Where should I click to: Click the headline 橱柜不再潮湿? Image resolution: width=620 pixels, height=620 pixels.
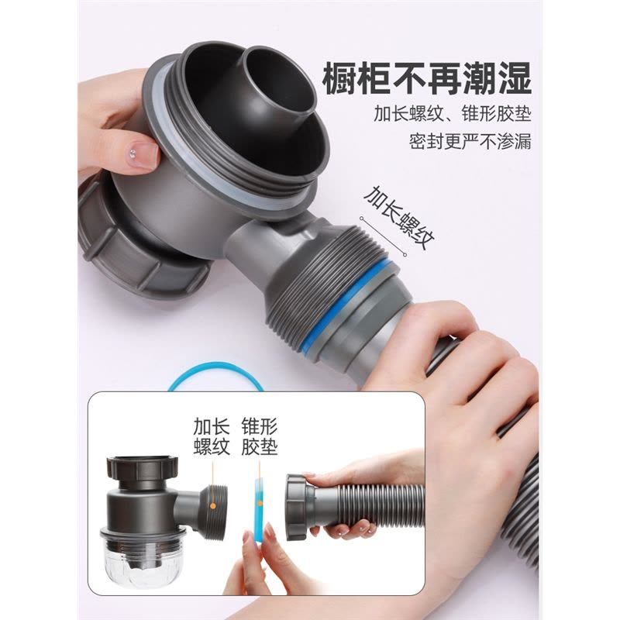pyautogui.click(x=427, y=80)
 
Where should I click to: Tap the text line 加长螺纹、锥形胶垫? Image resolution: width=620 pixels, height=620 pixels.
pyautogui.click(x=453, y=114)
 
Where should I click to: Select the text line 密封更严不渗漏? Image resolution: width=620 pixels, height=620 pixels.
pyautogui.click(x=470, y=141)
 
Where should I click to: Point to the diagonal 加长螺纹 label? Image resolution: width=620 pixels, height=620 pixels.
pyautogui.click(x=399, y=218)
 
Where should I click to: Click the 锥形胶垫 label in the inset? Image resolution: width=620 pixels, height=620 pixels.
pyautogui.click(x=260, y=436)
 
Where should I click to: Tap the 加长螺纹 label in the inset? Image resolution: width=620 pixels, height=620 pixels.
pyautogui.click(x=212, y=436)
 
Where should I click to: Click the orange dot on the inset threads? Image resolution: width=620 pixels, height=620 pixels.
pyautogui.click(x=212, y=506)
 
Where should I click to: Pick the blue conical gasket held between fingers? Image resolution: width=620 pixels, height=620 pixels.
pyautogui.click(x=260, y=510)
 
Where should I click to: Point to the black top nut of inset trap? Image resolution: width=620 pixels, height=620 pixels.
pyautogui.click(x=142, y=467)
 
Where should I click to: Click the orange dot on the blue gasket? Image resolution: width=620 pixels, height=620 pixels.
pyautogui.click(x=260, y=503)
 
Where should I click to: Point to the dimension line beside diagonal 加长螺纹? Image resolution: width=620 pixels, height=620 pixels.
pyautogui.click(x=383, y=236)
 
